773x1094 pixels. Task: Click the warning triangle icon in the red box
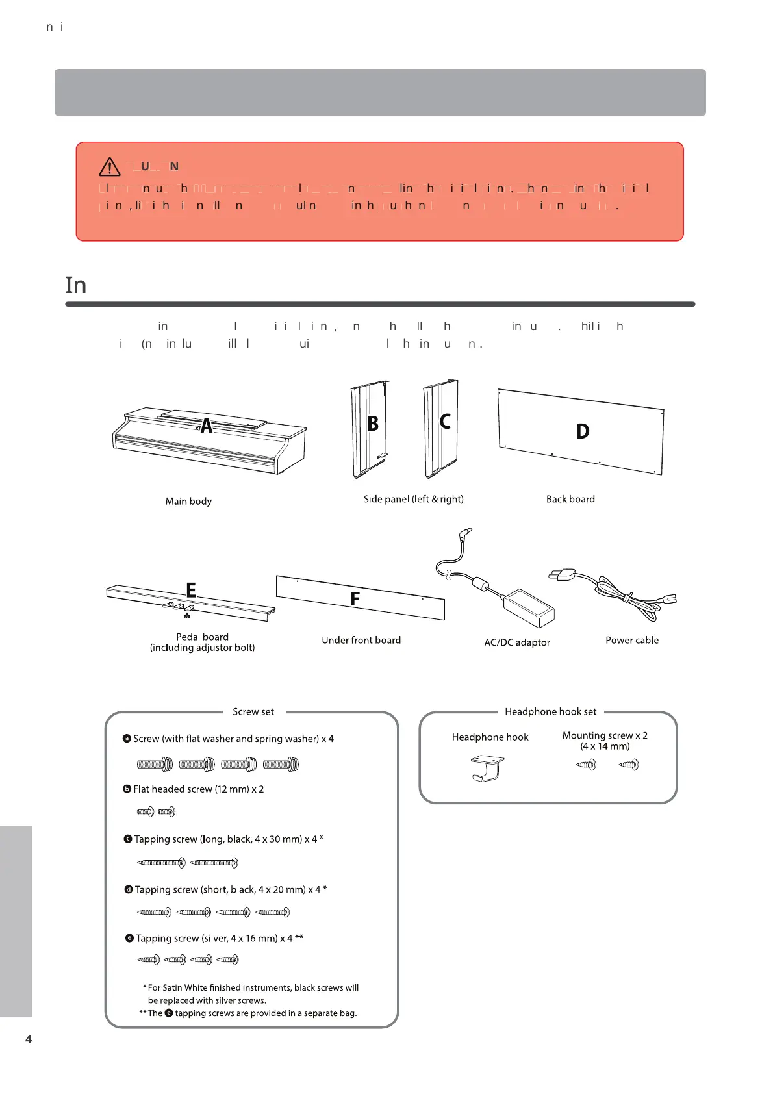(x=110, y=167)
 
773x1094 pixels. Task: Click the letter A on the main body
(x=207, y=426)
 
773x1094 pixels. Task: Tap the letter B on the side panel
(x=373, y=424)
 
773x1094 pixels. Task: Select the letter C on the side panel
(x=445, y=421)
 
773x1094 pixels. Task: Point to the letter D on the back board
(x=583, y=431)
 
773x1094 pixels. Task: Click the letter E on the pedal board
(x=191, y=590)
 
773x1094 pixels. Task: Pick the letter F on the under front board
(x=355, y=598)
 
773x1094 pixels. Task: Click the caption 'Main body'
(x=188, y=501)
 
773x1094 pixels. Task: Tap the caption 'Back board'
(x=570, y=499)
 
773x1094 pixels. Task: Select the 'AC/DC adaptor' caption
(x=517, y=642)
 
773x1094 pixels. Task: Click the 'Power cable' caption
(x=632, y=640)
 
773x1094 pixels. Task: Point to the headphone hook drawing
(x=487, y=767)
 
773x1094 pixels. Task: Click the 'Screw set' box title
(x=253, y=711)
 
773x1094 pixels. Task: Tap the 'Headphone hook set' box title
(x=550, y=711)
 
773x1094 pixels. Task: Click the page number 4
(x=29, y=1039)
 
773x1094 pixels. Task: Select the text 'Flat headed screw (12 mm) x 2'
(x=198, y=789)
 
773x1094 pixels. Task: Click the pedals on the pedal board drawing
(x=178, y=607)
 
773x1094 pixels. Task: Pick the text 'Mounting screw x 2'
(x=605, y=735)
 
